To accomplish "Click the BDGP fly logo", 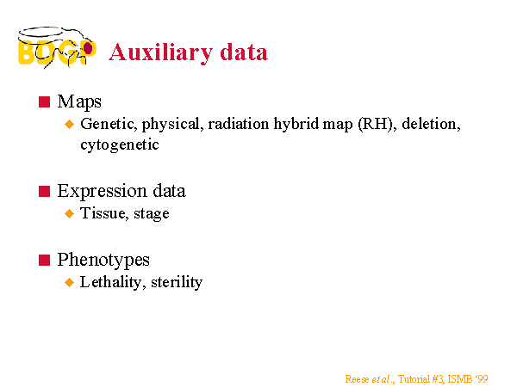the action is (57, 47).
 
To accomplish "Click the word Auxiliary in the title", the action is (161, 52).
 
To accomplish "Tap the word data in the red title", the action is (244, 52).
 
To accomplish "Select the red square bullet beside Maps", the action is (44, 101).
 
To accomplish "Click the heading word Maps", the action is (79, 102).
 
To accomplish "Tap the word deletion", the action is (431, 124).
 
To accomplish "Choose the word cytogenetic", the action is (120, 144).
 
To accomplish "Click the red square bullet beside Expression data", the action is (44, 191).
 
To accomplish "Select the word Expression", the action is (102, 191).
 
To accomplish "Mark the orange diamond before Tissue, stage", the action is (70, 213).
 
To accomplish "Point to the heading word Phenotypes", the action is (103, 260).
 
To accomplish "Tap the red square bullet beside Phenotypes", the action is (44, 260).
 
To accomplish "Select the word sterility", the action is (177, 282).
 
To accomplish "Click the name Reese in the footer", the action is (357, 379).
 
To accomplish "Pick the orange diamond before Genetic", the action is (70, 124).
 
